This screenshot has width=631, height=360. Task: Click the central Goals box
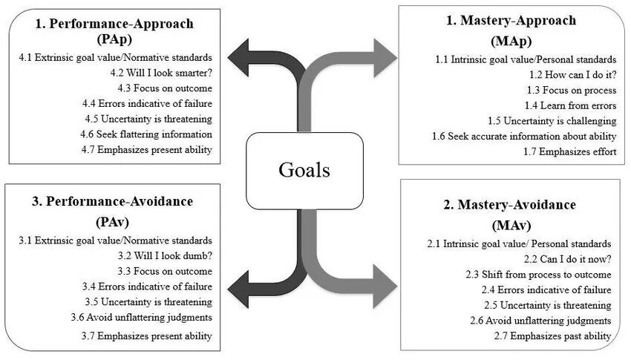pos(304,169)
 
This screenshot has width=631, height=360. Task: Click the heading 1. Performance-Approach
pos(114,23)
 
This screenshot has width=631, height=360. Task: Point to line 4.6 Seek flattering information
pos(147,134)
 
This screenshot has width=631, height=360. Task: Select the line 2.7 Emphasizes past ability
pos(553,336)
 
